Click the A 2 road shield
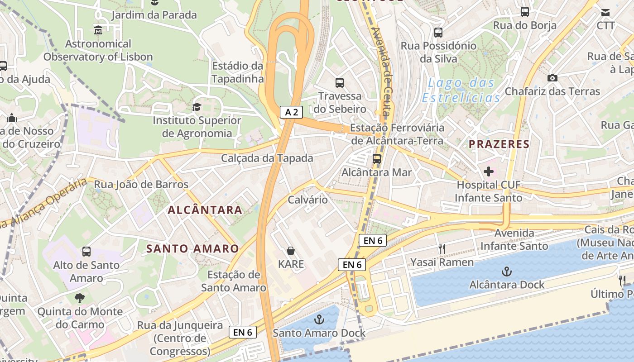(x=291, y=112)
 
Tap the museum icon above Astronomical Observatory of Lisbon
(x=98, y=30)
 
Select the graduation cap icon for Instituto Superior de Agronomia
(x=197, y=107)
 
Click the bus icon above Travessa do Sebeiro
(x=340, y=82)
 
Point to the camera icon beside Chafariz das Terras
(x=552, y=78)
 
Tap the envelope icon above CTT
(x=605, y=12)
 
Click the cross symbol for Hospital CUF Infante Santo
(x=488, y=171)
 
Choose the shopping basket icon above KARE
(x=291, y=250)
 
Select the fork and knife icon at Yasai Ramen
(x=442, y=248)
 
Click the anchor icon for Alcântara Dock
(x=506, y=271)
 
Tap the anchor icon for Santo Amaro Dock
(x=319, y=319)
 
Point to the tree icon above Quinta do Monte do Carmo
(x=80, y=298)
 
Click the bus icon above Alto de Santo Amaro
(x=86, y=251)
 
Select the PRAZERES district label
(x=499, y=144)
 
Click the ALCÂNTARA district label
(x=205, y=210)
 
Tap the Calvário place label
(x=307, y=200)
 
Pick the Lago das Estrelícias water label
(x=461, y=90)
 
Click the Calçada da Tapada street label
(x=267, y=158)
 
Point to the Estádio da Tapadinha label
(x=237, y=72)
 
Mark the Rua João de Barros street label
(x=141, y=185)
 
